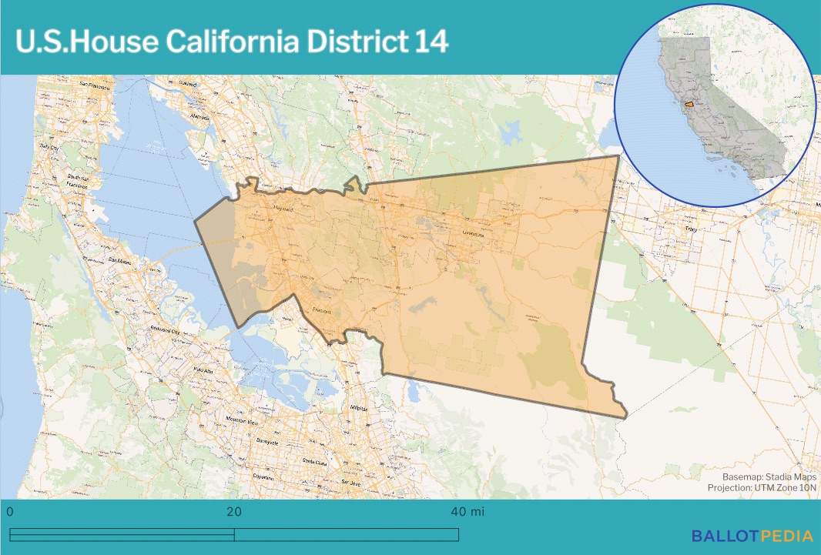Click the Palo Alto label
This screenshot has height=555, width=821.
pyautogui.click(x=204, y=370)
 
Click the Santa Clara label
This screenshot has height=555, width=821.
pyautogui.click(x=314, y=462)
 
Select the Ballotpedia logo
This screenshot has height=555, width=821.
pyautogui.click(x=752, y=536)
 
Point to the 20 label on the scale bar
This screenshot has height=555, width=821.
pyautogui.click(x=234, y=512)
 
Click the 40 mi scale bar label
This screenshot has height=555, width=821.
pyautogui.click(x=467, y=512)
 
